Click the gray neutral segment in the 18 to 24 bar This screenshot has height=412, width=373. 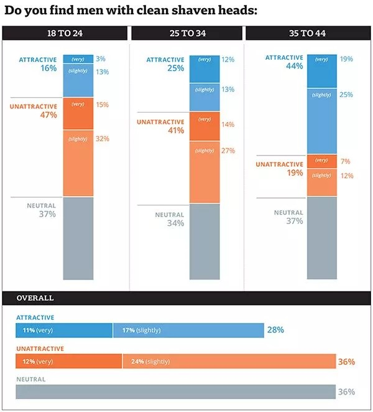pos(78,238)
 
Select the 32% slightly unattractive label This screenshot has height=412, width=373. pos(103,139)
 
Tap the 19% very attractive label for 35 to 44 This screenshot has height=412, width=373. pos(346,59)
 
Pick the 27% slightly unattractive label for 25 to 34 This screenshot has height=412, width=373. pos(228,151)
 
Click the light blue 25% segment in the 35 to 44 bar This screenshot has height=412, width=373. pos(322,121)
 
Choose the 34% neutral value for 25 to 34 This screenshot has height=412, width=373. pos(175,223)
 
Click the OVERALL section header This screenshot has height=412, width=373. pos(35,298)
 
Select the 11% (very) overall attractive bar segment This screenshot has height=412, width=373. pos(64,330)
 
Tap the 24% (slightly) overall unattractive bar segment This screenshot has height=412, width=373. pos(229,361)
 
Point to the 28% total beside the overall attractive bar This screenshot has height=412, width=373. pos(275,330)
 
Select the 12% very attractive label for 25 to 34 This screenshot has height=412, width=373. pos(228,60)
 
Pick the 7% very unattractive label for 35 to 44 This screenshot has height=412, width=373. pos(346,161)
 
